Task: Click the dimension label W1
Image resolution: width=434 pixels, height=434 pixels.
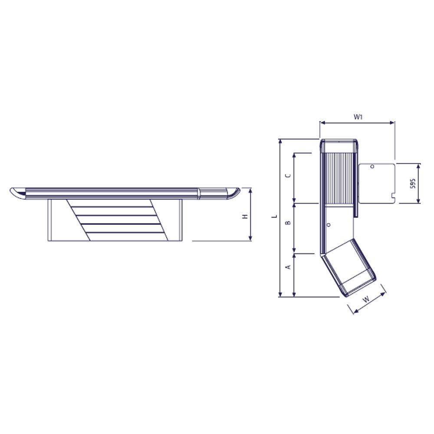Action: pyautogui.click(x=358, y=116)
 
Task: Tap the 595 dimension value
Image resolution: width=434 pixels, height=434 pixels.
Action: pyautogui.click(x=413, y=183)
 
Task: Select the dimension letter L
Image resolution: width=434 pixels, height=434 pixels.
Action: pyautogui.click(x=273, y=216)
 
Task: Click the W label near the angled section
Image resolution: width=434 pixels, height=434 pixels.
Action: pyautogui.click(x=366, y=299)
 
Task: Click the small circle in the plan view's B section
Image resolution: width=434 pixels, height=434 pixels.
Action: pyautogui.click(x=329, y=225)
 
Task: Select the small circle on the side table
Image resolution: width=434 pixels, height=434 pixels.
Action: pyautogui.click(x=372, y=166)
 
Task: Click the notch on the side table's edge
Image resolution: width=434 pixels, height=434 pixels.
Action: pyautogui.click(x=393, y=196)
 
